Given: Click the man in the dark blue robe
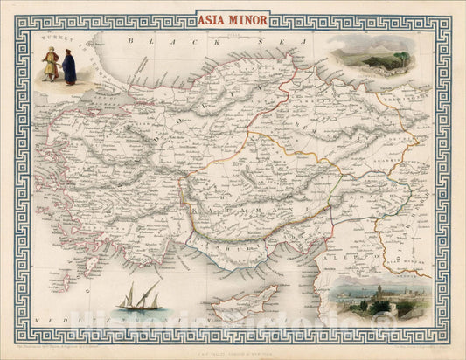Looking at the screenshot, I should [68, 66].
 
